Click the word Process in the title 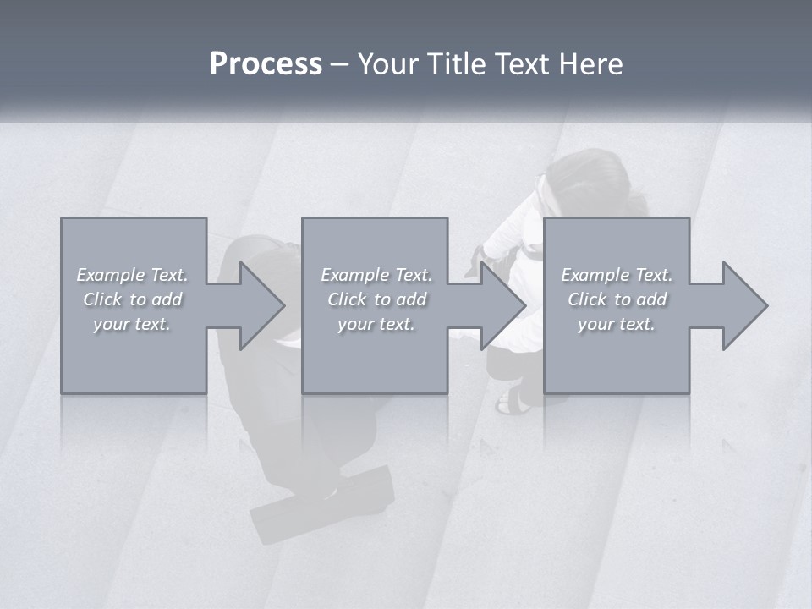tap(266, 64)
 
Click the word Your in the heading tap(389, 64)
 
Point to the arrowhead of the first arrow tap(262, 305)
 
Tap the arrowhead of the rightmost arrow tap(745, 305)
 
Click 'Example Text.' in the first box tap(132, 275)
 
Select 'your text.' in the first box tap(132, 324)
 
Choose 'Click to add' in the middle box tap(376, 299)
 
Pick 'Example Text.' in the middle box tap(376, 275)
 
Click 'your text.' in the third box tap(617, 324)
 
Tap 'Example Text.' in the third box tap(617, 275)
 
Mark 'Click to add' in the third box tap(617, 299)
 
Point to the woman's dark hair tap(592, 178)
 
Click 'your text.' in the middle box tap(376, 324)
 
